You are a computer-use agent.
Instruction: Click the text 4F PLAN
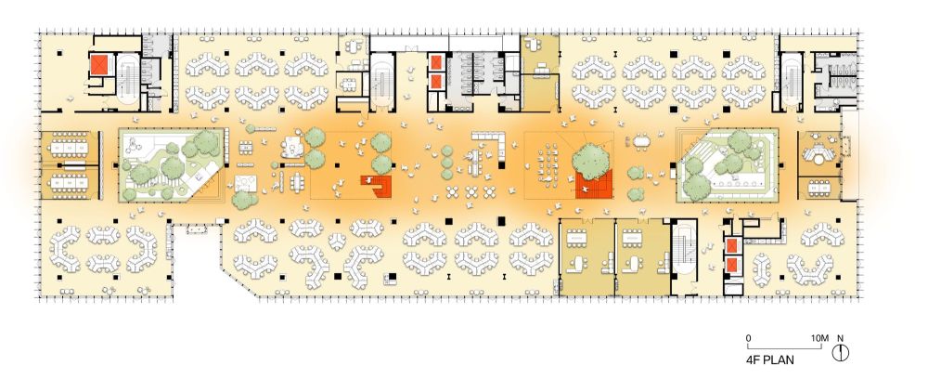769,359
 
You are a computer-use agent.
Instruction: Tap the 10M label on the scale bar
819,339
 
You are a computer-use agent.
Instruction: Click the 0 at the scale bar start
749,339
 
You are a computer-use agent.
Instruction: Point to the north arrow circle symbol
841,353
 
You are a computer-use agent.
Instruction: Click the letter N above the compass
841,339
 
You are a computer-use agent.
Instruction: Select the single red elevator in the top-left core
98,64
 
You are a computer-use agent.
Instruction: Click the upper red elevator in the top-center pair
436,61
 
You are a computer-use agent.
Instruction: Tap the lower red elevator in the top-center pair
436,82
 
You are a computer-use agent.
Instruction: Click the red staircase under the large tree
594,186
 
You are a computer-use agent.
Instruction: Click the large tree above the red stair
591,158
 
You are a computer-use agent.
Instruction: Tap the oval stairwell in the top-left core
127,81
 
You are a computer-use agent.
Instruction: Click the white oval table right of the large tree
641,142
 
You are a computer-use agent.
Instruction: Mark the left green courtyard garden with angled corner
171,164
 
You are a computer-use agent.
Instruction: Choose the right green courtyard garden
728,165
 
